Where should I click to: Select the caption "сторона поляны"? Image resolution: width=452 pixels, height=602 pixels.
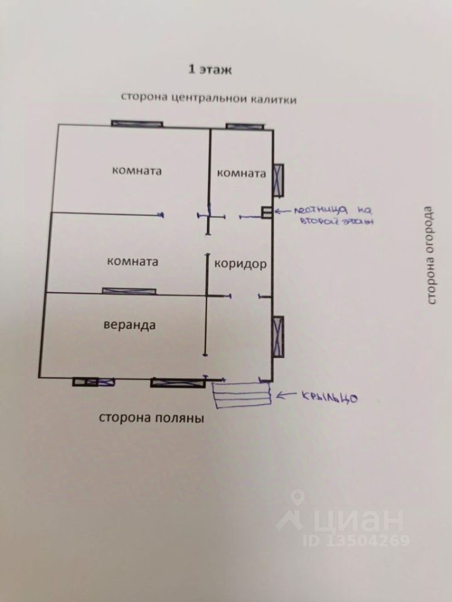(x=151, y=418)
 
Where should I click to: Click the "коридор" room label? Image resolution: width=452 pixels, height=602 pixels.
(x=240, y=264)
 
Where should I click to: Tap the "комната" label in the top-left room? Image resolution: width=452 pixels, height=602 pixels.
(x=137, y=171)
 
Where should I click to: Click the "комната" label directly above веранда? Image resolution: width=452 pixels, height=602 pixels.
(x=132, y=261)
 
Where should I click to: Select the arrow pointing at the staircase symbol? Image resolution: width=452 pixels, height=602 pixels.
(x=282, y=211)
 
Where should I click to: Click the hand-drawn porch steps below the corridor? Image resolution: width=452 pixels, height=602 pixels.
(x=242, y=395)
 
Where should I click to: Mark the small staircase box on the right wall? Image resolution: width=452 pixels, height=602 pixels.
(x=266, y=212)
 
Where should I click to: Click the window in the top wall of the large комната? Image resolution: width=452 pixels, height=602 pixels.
(x=137, y=123)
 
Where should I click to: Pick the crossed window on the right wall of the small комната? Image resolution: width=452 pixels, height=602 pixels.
(x=279, y=179)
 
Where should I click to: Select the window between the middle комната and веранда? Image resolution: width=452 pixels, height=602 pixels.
(x=129, y=290)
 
